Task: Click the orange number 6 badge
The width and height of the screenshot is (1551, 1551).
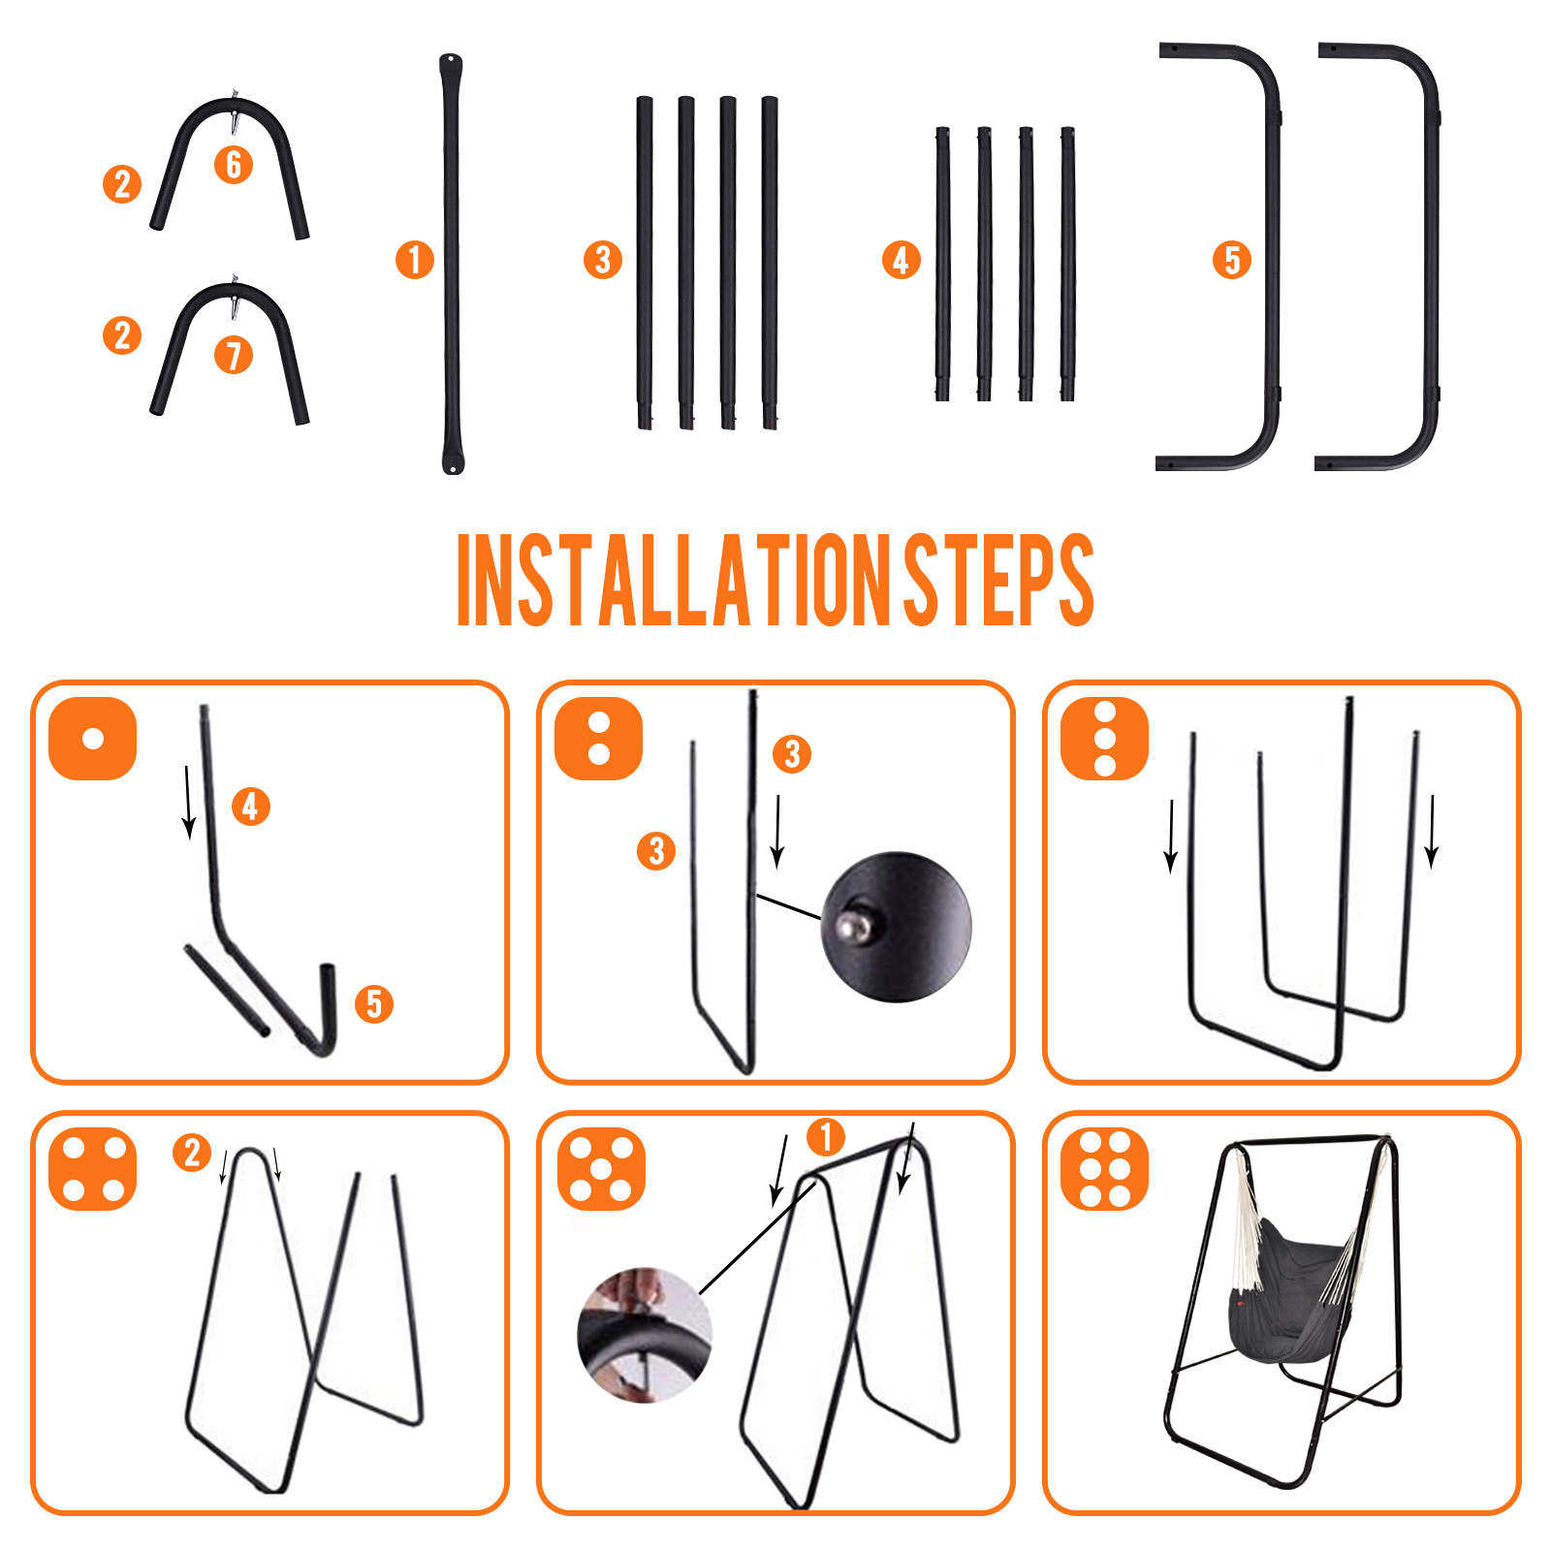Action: pyautogui.click(x=234, y=165)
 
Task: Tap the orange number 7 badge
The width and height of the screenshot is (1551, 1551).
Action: pyautogui.click(x=234, y=355)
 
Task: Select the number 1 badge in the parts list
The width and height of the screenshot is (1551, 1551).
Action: pyautogui.click(x=415, y=260)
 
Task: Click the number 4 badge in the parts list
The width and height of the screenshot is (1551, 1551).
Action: pyautogui.click(x=902, y=260)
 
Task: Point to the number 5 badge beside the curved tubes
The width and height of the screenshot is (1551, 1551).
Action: pyautogui.click(x=1232, y=260)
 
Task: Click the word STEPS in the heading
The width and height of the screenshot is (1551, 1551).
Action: pyautogui.click(x=998, y=580)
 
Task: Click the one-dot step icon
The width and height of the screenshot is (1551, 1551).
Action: pyautogui.click(x=93, y=739)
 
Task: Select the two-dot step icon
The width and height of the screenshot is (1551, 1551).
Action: pyautogui.click(x=599, y=739)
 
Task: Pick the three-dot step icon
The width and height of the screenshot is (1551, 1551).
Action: pyautogui.click(x=1105, y=739)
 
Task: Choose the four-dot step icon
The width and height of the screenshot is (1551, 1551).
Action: pyautogui.click(x=93, y=1169)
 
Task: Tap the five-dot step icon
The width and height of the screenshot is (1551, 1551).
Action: pyautogui.click(x=601, y=1169)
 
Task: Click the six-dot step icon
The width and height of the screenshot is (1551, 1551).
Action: pyautogui.click(x=1105, y=1169)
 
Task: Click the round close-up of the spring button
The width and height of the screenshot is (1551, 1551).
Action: pyautogui.click(x=896, y=927)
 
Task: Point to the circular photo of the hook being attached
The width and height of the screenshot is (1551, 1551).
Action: pyautogui.click(x=645, y=1335)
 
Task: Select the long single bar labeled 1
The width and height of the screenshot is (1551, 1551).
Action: pyautogui.click(x=452, y=264)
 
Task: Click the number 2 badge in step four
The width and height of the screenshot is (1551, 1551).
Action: pyautogui.click(x=192, y=1153)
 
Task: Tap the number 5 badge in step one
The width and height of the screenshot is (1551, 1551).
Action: pyautogui.click(x=374, y=1004)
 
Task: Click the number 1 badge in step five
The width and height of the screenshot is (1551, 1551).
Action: pyautogui.click(x=826, y=1137)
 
